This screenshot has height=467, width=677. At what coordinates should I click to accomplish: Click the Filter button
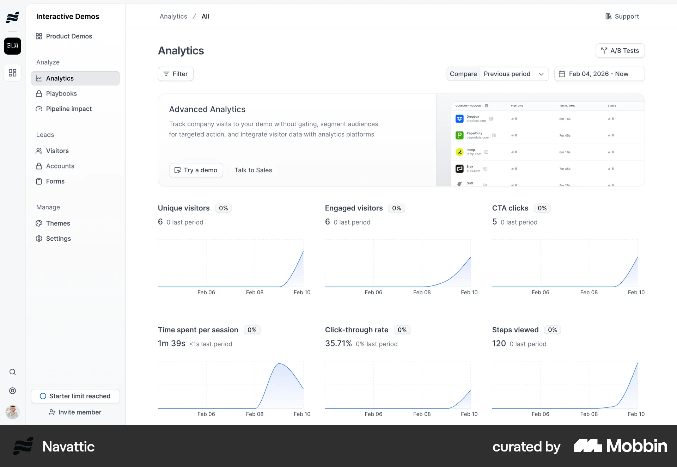coord(176,74)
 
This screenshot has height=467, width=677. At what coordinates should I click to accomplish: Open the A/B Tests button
coord(620,51)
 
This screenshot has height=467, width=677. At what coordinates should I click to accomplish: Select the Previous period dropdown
coord(514,74)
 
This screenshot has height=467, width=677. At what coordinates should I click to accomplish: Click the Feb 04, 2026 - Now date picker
coord(599,74)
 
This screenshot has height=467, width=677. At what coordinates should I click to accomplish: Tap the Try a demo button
coord(196,170)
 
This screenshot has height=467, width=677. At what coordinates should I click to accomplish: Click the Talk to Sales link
coord(253,170)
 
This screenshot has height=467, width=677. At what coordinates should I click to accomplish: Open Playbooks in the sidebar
coord(61,94)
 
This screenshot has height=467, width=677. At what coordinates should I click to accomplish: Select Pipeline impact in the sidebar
coord(69,109)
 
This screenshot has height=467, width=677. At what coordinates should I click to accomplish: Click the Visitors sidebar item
coord(57,151)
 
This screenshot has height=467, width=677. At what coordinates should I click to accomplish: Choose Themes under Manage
coord(58,223)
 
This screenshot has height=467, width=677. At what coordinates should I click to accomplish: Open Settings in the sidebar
coord(58,239)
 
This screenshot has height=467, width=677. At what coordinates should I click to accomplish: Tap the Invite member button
coord(75,412)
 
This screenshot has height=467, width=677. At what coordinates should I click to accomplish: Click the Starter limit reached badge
coord(75,396)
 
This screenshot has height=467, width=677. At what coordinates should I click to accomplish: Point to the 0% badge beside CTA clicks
coord(542,208)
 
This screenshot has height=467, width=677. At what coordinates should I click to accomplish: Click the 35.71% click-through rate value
coord(338,344)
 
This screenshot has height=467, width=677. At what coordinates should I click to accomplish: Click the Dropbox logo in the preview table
coord(459,119)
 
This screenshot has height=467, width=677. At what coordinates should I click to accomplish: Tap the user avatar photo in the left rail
coord(12,412)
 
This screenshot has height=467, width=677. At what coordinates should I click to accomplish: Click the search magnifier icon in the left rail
coord(12,372)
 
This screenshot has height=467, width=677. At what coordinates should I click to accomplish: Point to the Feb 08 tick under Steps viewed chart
coord(589,414)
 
